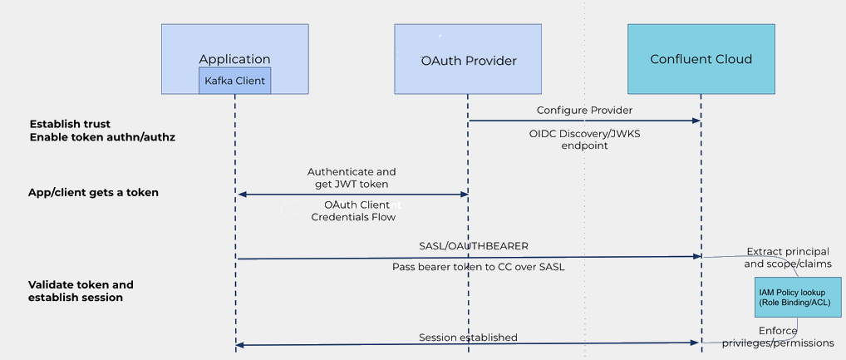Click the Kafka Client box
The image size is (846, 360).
coord(234,81)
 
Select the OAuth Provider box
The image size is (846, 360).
coord(468,60)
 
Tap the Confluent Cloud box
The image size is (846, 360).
coord(701,59)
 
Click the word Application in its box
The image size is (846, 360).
coord(234,59)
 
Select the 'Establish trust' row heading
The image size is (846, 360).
coord(70,124)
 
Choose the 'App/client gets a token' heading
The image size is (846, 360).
coord(93,192)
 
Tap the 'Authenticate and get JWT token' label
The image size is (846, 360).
coord(352,177)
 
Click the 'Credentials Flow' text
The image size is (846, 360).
coord(353,217)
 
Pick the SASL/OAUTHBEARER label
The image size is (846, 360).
coord(474,245)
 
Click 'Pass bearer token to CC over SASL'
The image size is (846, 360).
coord(478,267)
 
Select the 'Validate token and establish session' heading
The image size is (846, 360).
coord(81,290)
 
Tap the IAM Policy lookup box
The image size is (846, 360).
coord(794,297)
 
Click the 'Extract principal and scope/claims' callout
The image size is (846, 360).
coord(789,258)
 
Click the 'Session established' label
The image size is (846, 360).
coord(468,337)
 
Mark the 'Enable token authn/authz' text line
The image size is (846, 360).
coord(102,136)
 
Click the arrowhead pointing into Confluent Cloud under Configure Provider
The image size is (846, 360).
coord(696,121)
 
